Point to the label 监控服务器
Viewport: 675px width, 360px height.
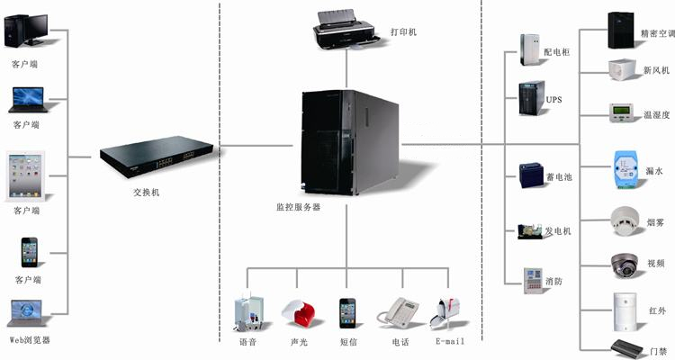pos(298,207)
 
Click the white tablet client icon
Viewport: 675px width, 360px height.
pos(26,176)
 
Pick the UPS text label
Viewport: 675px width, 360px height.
pos(553,100)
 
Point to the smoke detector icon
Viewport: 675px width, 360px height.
pos(625,221)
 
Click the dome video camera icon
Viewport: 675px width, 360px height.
pos(625,263)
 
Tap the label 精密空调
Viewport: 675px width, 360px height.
pos(657,35)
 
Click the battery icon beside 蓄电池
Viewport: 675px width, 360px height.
pos(530,175)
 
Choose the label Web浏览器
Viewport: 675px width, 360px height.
pos(30,339)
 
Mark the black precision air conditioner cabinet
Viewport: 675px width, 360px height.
pos(622,31)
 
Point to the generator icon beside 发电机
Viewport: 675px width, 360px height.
pos(529,231)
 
